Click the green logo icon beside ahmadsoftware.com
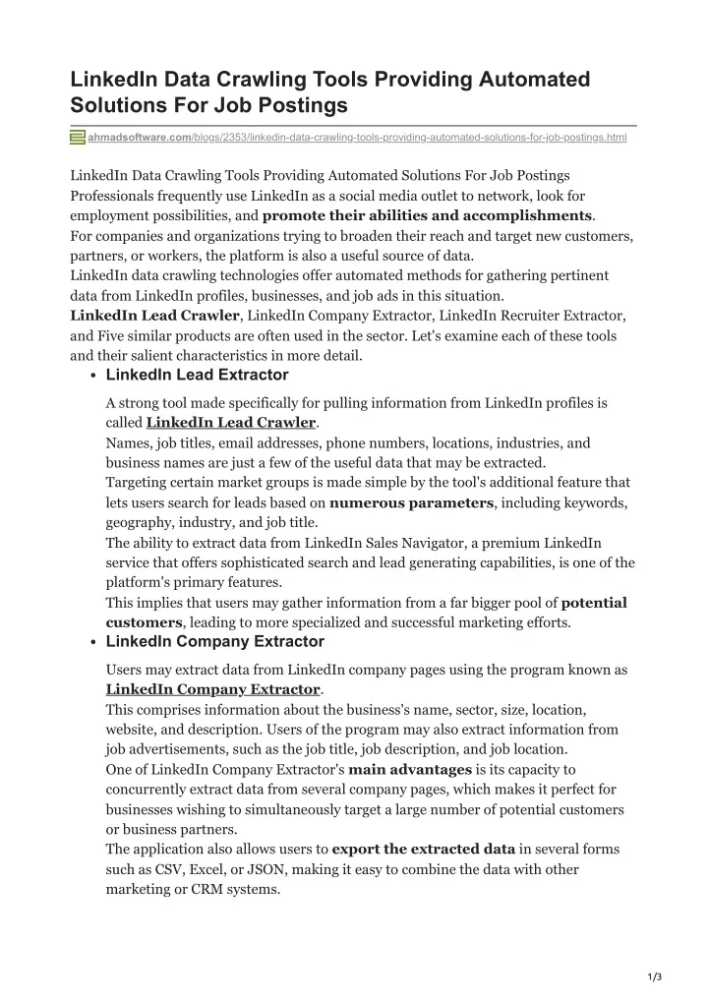(x=78, y=138)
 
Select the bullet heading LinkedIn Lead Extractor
(x=197, y=375)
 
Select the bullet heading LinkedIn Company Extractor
(x=214, y=641)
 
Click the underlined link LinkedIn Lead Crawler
(x=231, y=423)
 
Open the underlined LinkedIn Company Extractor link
(x=212, y=689)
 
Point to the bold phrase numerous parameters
(x=411, y=502)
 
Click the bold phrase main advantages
(x=410, y=769)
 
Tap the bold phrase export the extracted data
(x=424, y=849)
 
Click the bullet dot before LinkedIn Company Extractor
(x=91, y=643)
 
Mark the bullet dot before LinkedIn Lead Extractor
(x=91, y=377)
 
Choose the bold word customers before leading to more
(x=144, y=622)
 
